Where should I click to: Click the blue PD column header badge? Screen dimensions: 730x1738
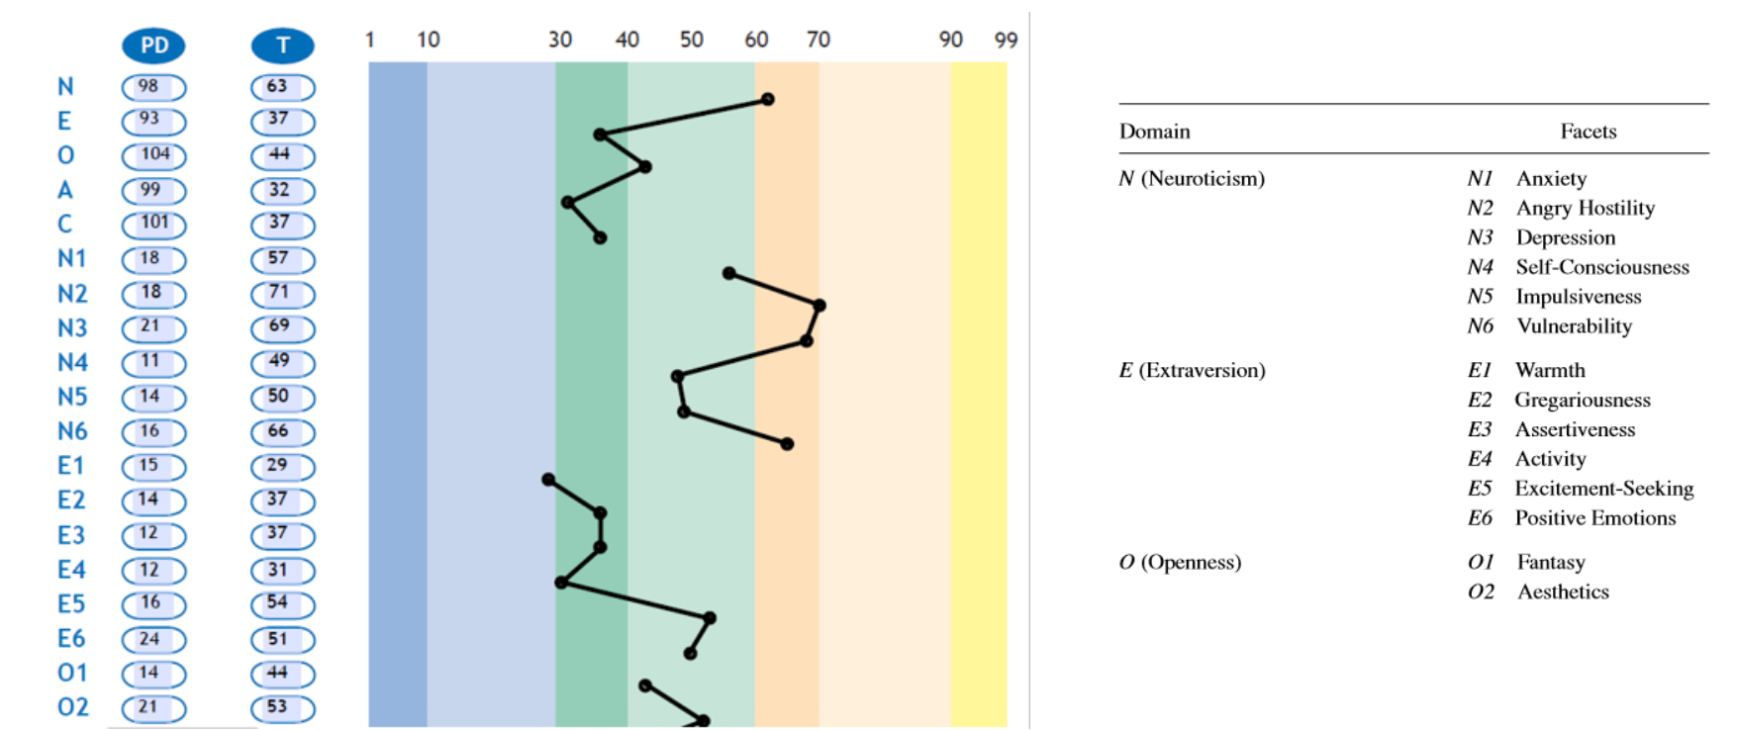(153, 46)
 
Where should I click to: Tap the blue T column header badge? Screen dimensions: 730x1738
(282, 46)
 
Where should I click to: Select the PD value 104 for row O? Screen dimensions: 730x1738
(153, 155)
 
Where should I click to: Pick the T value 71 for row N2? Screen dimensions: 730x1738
(282, 294)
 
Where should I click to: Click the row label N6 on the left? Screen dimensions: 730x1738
(72, 431)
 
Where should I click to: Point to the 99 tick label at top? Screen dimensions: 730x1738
(1006, 40)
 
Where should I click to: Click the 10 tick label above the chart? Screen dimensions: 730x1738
(428, 40)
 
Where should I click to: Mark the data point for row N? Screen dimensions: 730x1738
(767, 99)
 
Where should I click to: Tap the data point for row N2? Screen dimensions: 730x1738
(820, 306)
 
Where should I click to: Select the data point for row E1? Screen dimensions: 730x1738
(548, 480)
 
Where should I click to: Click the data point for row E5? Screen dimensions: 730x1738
(710, 618)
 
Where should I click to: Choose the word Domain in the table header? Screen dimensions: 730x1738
(1154, 132)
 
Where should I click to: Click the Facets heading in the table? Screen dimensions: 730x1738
(1588, 132)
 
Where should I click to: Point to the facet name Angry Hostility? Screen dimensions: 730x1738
(1585, 208)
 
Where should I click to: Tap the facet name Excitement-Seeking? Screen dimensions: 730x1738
(1603, 489)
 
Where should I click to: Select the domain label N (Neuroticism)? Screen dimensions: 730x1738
(1192, 179)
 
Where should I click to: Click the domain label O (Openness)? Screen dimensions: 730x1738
(1180, 563)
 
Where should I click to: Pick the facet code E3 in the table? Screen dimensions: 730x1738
(1480, 429)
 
